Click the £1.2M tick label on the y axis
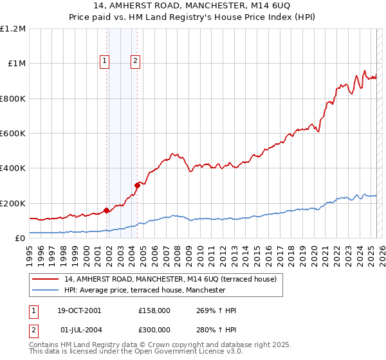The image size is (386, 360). pyautogui.click(x=13, y=29)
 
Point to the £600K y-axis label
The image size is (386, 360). pyautogui.click(x=13, y=134)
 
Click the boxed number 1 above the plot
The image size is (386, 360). pyautogui.click(x=105, y=62)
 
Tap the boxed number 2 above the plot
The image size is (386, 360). pyautogui.click(x=136, y=62)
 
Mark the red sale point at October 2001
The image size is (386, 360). pyautogui.click(x=106, y=210)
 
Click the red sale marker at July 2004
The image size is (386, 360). pyautogui.click(x=136, y=186)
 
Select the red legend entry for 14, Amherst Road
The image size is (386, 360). pyautogui.click(x=170, y=279)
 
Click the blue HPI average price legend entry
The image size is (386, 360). pyautogui.click(x=144, y=290)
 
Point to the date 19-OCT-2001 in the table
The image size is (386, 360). pyautogui.click(x=79, y=310)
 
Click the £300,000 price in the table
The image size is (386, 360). pyautogui.click(x=154, y=329)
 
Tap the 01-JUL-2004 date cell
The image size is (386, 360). pyautogui.click(x=78, y=329)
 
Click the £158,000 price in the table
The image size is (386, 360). pyautogui.click(x=154, y=310)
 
